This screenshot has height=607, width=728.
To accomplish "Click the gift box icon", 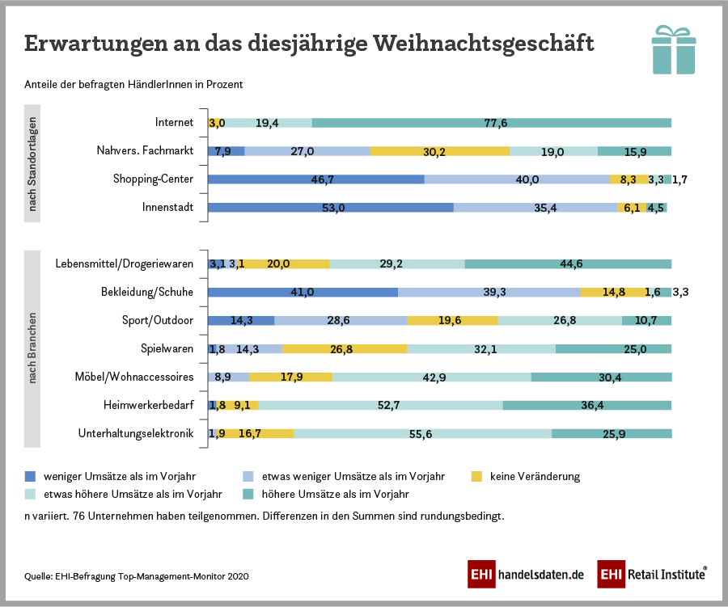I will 673,50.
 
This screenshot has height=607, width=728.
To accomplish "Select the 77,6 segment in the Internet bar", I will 491,123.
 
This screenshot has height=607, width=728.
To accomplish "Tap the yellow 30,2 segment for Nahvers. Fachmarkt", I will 439,151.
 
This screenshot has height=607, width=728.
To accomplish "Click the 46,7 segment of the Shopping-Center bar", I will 315,179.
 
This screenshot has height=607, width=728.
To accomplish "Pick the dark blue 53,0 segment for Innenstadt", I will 330,208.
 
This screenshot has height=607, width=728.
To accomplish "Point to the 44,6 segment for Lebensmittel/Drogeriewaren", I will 568,263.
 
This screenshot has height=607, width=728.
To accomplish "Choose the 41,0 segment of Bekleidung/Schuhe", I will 303,292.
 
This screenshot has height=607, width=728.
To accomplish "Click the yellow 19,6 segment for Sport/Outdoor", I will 452,320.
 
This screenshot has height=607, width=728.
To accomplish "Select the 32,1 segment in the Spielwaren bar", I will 481,348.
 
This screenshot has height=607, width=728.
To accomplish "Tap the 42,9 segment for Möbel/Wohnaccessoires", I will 431,377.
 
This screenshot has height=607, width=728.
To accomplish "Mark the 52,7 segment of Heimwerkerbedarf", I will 380,405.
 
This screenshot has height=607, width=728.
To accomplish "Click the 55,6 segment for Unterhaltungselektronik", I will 422,433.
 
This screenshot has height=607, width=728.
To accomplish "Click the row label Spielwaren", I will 167,348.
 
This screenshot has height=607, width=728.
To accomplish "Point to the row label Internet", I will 174,123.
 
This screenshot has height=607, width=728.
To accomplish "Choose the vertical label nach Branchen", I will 33,348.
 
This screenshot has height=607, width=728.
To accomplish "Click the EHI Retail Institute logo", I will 652,574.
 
